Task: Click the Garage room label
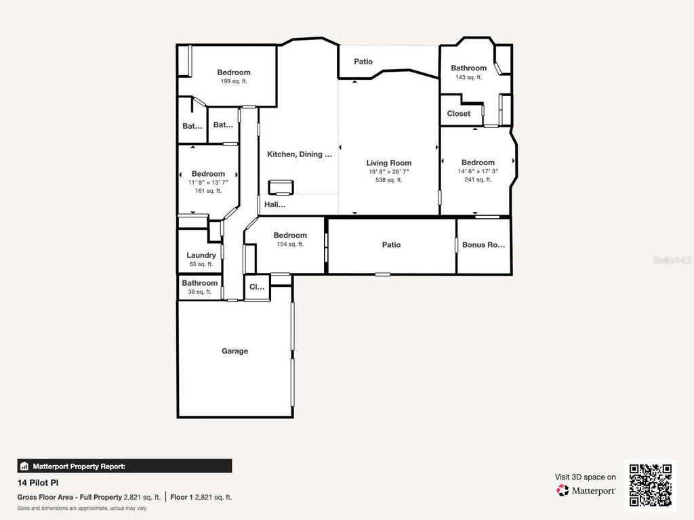click(x=234, y=351)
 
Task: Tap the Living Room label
click(x=388, y=162)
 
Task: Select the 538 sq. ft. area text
click(x=388, y=180)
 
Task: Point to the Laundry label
click(x=201, y=255)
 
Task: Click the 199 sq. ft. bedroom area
click(x=234, y=81)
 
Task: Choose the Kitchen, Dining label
click(x=299, y=154)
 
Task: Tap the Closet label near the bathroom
click(x=459, y=114)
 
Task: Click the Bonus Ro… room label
click(x=483, y=245)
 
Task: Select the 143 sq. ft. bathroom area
click(x=468, y=77)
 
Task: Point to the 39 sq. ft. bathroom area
click(x=199, y=292)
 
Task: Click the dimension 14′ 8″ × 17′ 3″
click(x=478, y=171)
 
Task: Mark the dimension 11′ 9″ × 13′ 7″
click(x=208, y=183)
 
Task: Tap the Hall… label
click(x=274, y=204)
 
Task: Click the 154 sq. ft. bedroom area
click(x=290, y=244)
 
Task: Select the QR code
click(x=650, y=485)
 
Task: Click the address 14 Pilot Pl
click(x=38, y=483)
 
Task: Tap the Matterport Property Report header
click(x=79, y=466)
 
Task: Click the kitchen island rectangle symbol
click(x=281, y=188)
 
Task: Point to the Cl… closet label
click(x=257, y=287)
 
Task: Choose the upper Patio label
click(x=363, y=62)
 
